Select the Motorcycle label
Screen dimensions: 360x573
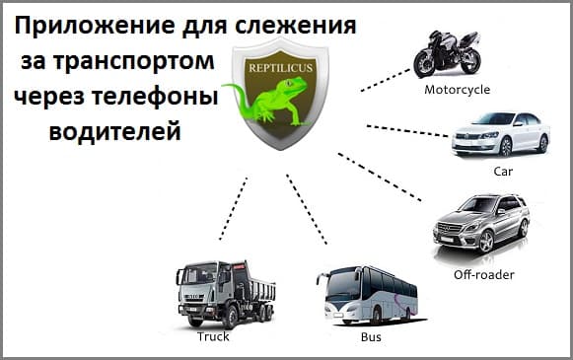point(457,89)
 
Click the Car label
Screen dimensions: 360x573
point(503,170)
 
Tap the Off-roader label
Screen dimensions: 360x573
point(483,273)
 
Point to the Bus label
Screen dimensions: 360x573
point(370,337)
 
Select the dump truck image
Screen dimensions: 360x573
point(223,292)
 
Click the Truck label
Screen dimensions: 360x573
point(213,336)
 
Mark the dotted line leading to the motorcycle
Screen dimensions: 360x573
point(385,80)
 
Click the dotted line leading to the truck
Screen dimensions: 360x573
point(234,209)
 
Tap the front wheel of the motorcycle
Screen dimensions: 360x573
point(426,64)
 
